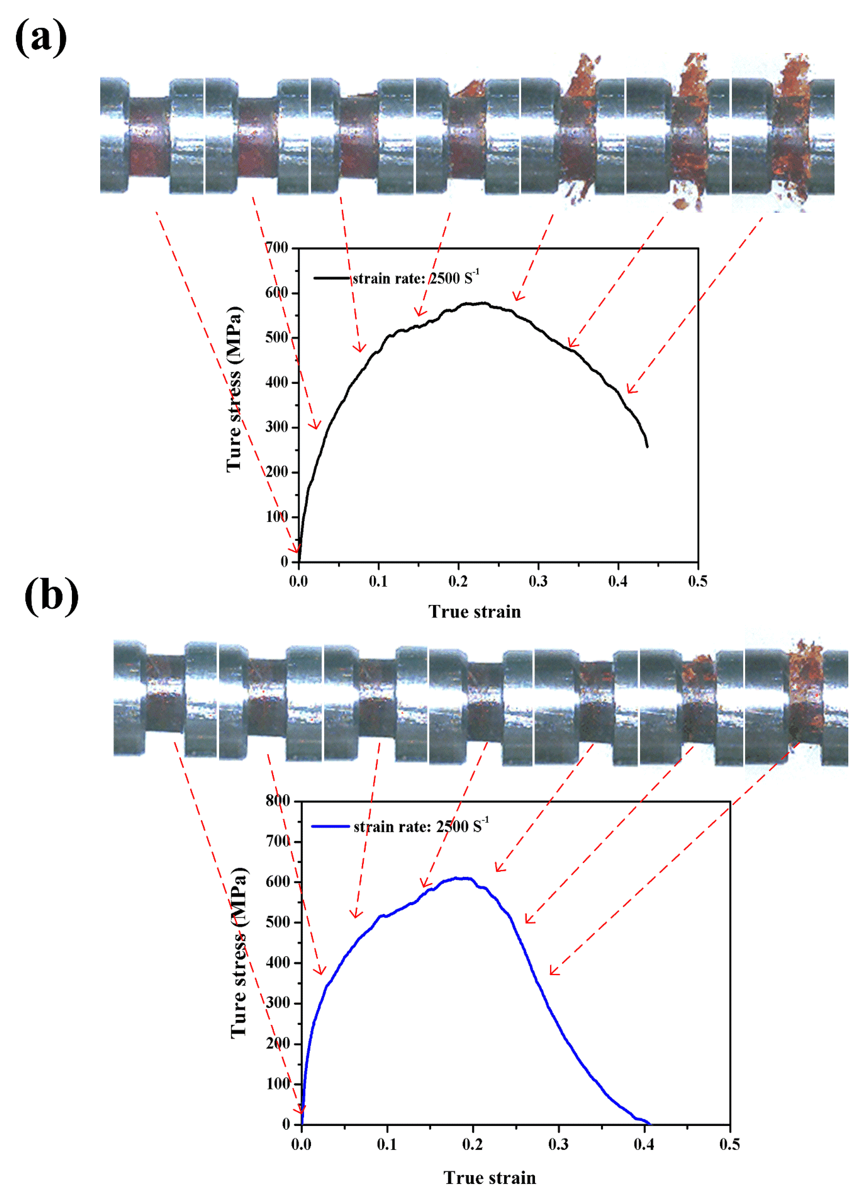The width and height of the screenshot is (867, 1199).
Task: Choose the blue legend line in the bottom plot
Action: click(330, 826)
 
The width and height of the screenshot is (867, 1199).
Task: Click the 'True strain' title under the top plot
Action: click(474, 612)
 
